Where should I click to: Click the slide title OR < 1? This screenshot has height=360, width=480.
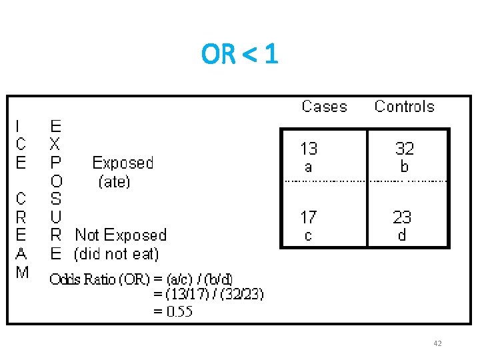point(239,55)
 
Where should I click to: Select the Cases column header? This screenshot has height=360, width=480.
point(324,107)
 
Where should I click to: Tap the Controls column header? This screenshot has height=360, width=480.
point(404,107)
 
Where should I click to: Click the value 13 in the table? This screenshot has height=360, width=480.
point(309,148)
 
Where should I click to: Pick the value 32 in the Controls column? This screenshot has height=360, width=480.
point(404,148)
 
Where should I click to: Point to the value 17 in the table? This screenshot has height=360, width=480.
point(308,217)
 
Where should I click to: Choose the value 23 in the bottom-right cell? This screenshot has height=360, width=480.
point(402,217)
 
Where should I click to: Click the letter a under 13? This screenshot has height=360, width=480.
point(308,167)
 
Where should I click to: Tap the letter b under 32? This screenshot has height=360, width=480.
point(404,167)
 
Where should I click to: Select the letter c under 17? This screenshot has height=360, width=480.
point(308,235)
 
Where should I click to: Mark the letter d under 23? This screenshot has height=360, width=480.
point(402,235)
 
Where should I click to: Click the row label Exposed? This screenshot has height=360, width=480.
point(123,163)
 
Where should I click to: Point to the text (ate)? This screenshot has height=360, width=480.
point(114,181)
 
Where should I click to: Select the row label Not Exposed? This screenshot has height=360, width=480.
point(121,235)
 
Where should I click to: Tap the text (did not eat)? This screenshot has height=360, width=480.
point(117,253)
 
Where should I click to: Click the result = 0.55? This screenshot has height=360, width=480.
point(173,311)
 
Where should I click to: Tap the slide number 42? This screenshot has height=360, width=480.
point(437,343)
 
